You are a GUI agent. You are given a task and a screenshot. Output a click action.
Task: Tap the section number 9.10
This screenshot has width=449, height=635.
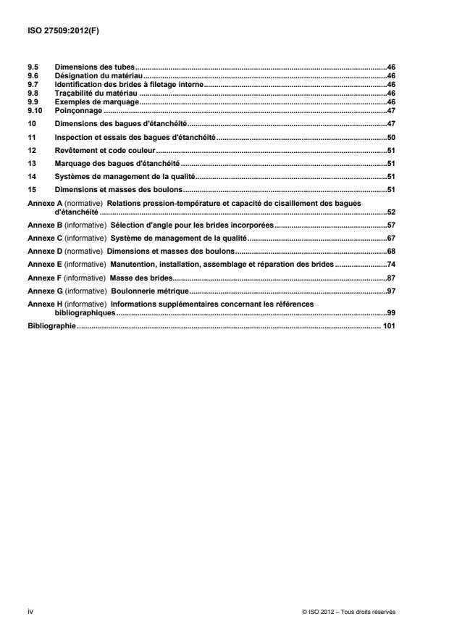[35, 111]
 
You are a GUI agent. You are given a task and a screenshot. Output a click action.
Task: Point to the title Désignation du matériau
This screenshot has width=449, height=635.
[99, 75]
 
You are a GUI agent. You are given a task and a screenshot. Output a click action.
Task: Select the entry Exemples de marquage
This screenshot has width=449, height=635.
[95, 102]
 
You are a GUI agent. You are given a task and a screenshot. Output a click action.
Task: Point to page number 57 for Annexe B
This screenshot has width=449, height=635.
[390, 225]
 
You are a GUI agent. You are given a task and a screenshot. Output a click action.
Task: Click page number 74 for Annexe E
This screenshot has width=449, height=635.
[390, 264]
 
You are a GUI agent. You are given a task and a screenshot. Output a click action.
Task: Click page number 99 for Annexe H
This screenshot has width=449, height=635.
[390, 312]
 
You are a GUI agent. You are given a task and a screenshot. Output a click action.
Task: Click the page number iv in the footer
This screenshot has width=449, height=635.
[30, 612]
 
